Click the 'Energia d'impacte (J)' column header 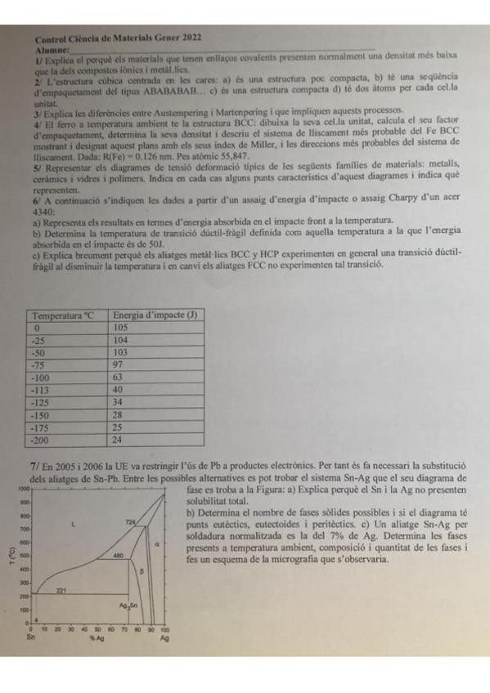[x=155, y=315]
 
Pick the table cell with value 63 [x=119, y=378]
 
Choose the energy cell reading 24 [x=119, y=440]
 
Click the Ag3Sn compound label [x=127, y=606]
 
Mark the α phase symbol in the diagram [x=156, y=541]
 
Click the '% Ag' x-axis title [x=97, y=637]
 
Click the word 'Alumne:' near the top [x=52, y=50]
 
